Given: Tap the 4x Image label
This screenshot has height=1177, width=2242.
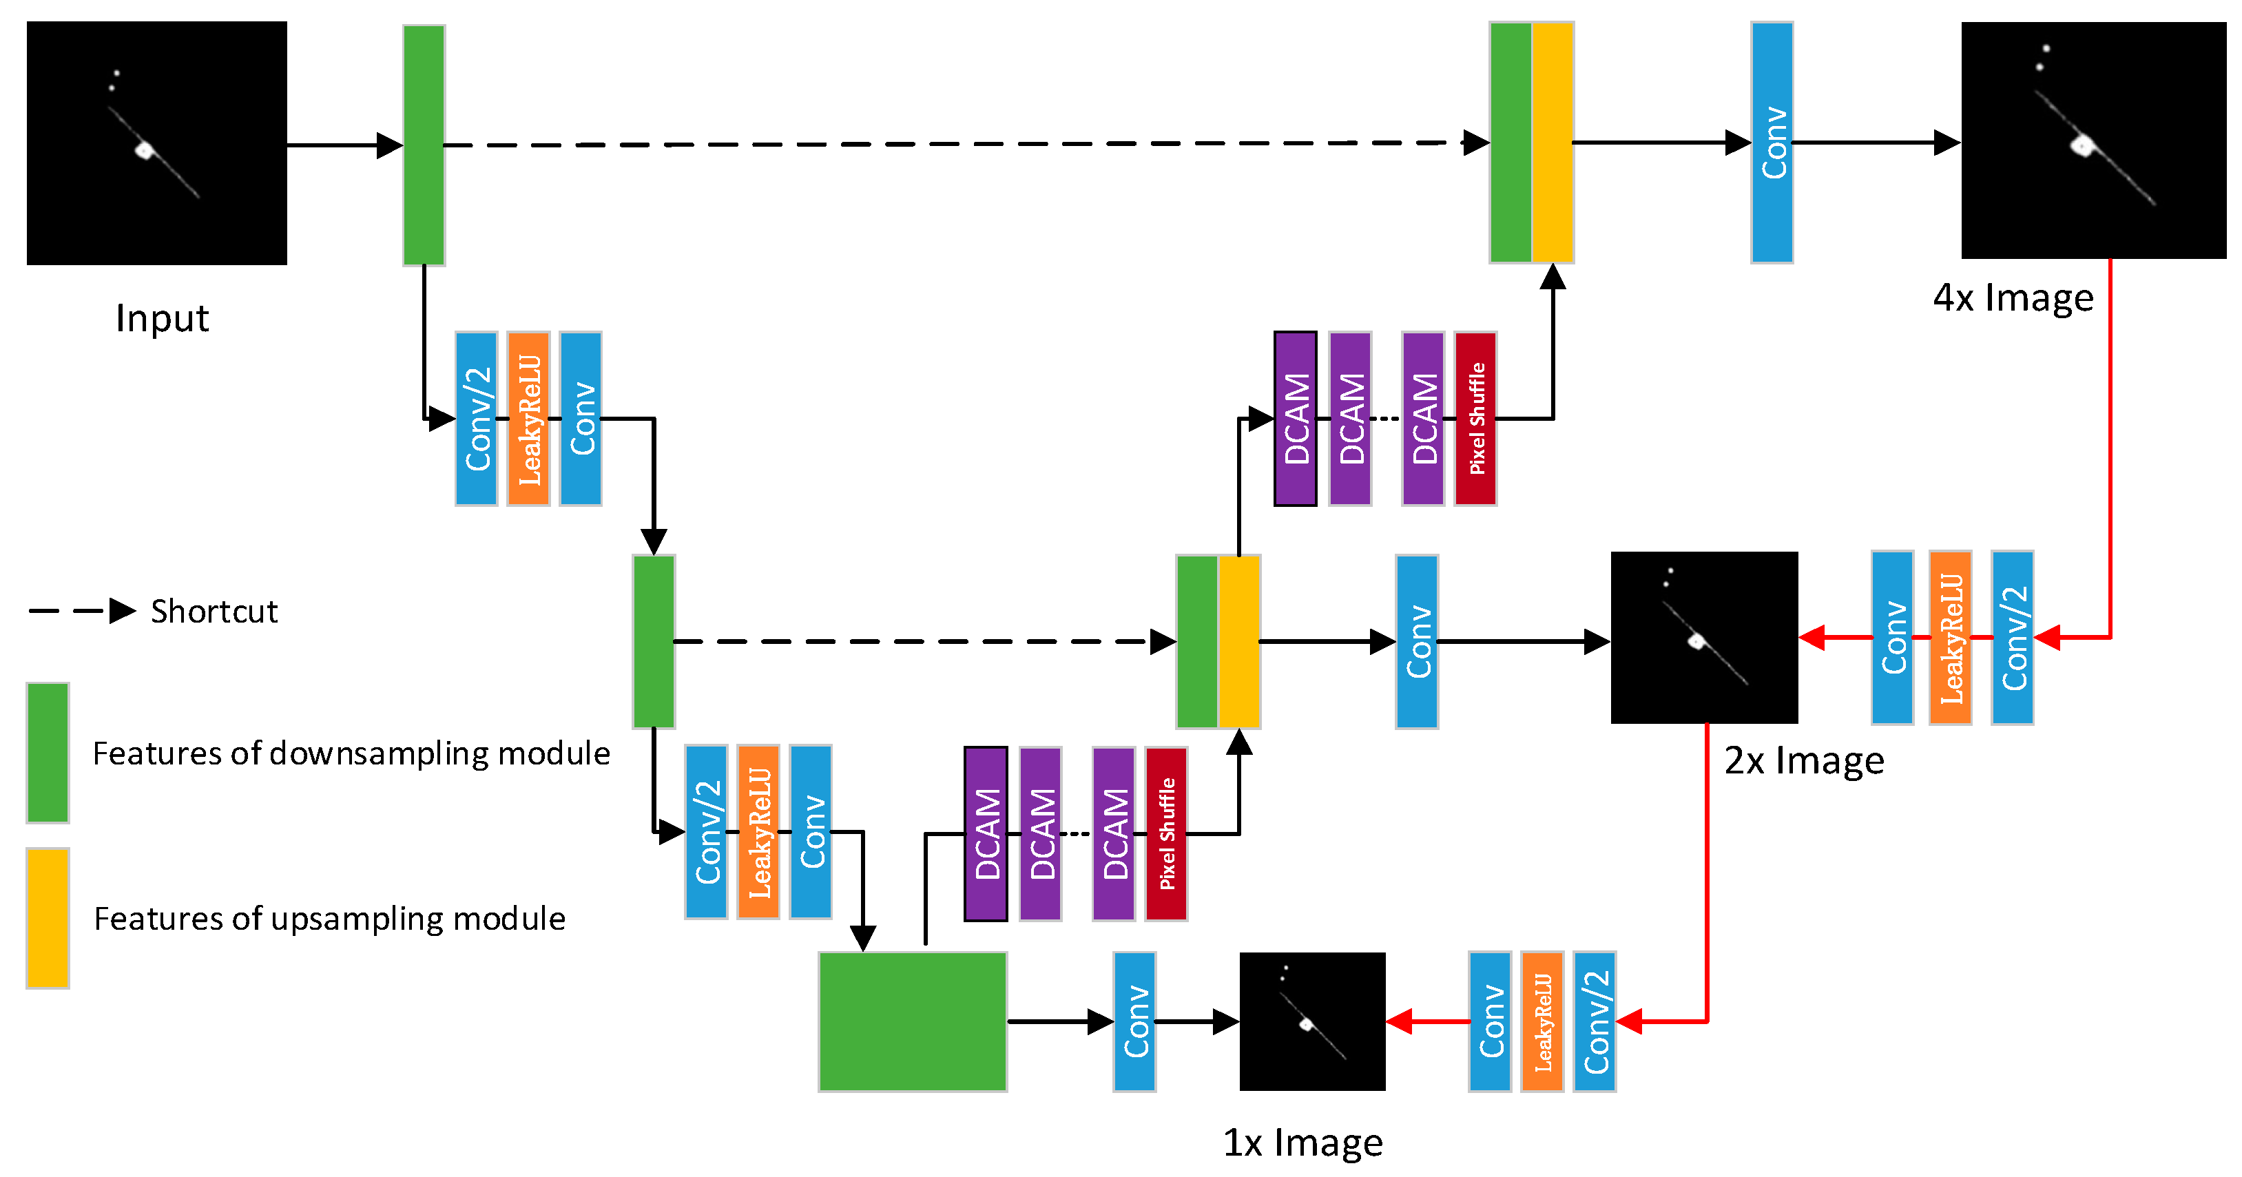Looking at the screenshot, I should point(2012,299).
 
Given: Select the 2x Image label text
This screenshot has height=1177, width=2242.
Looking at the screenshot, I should point(1803,761).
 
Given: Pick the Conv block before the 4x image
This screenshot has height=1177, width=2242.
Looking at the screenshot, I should point(1771,143).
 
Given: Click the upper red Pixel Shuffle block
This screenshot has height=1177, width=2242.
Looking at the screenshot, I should point(1475,419).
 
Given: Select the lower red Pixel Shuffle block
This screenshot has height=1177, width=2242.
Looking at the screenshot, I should point(1166,834).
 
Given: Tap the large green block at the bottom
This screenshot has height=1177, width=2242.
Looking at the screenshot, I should point(912,1021).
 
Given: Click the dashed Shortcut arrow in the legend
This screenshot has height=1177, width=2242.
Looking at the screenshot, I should point(83,611).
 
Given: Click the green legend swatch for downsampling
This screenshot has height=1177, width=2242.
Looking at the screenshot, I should point(47,753).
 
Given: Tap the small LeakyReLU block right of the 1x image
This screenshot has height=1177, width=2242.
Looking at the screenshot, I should point(1542,1022).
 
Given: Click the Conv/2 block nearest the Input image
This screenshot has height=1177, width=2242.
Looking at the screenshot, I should point(476,419).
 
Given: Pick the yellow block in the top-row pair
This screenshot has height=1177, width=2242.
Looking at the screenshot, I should point(1552,143).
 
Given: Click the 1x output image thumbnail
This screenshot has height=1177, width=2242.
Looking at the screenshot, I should point(1311,1021).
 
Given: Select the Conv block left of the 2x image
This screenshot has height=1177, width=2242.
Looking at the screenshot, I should point(1416,642).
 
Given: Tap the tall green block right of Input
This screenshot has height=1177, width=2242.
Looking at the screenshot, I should point(424,145).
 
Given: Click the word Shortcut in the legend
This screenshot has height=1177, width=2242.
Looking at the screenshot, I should point(214,611).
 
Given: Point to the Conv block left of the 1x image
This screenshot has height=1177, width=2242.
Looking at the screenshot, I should point(1134,1021).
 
